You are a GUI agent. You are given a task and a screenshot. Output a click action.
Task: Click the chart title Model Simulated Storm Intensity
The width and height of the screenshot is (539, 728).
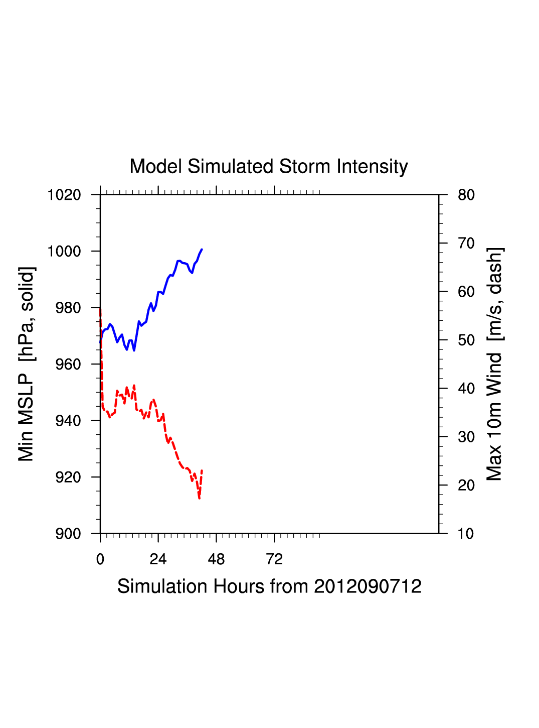click(x=269, y=167)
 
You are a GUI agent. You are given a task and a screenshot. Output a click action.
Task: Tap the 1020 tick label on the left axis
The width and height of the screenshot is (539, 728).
click(x=64, y=195)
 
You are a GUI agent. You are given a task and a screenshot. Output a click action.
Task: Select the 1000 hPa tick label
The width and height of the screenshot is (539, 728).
click(x=64, y=251)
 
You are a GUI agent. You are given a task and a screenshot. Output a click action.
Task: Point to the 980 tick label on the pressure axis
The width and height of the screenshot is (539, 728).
click(x=67, y=308)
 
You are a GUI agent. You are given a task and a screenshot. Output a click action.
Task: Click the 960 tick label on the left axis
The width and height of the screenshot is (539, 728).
click(x=67, y=365)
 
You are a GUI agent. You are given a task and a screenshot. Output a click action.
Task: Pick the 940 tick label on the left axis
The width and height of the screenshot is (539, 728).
click(x=67, y=421)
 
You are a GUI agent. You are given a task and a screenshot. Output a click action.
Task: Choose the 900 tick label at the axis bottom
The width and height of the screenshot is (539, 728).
click(x=67, y=534)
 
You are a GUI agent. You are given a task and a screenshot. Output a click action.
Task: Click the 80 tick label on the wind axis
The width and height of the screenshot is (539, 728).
click(x=466, y=195)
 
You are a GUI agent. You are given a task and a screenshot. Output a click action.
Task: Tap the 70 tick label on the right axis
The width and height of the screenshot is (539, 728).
click(x=466, y=244)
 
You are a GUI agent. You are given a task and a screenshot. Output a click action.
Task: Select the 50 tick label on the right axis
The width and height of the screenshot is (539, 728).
click(x=466, y=340)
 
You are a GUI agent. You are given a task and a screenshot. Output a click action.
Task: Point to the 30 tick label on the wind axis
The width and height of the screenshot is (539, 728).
click(x=466, y=437)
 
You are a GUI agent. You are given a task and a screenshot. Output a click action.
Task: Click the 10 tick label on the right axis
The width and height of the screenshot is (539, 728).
click(x=466, y=534)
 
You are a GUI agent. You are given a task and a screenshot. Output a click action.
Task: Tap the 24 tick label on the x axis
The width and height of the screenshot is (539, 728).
click(x=158, y=559)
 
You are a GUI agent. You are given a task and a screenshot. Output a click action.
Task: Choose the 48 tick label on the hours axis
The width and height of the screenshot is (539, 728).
click(x=216, y=559)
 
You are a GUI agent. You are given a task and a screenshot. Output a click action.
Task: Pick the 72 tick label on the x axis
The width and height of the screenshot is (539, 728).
click(x=274, y=559)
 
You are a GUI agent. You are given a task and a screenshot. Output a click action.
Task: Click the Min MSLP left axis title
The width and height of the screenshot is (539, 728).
click(x=26, y=364)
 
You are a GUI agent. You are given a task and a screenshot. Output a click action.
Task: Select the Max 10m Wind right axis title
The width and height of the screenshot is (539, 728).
click(x=494, y=364)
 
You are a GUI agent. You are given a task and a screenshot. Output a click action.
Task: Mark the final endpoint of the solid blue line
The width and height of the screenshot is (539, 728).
click(x=202, y=249)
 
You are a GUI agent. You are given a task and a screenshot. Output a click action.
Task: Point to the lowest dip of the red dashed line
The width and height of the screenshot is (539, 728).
click(x=199, y=498)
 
